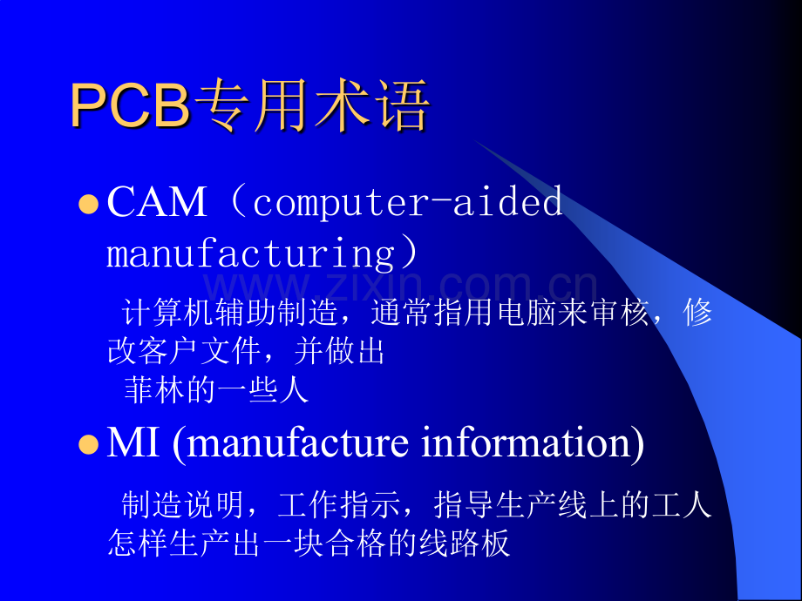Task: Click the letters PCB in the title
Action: pos(131,105)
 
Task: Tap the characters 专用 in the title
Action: pos(252,105)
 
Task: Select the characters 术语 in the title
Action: pos(370,105)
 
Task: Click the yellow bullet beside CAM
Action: pos(89,205)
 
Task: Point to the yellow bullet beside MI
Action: pos(89,444)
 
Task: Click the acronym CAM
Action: pos(157,202)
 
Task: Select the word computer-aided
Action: pos(408,202)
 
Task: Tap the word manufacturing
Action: pos(251,254)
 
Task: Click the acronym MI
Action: pos(133,442)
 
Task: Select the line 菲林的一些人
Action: pos(216,390)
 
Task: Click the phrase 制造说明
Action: pos(182,504)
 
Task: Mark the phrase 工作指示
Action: pos(339,504)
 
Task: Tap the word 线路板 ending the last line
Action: pos(465,543)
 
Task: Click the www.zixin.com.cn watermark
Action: pos(401,287)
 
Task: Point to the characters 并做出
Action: pos(339,351)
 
